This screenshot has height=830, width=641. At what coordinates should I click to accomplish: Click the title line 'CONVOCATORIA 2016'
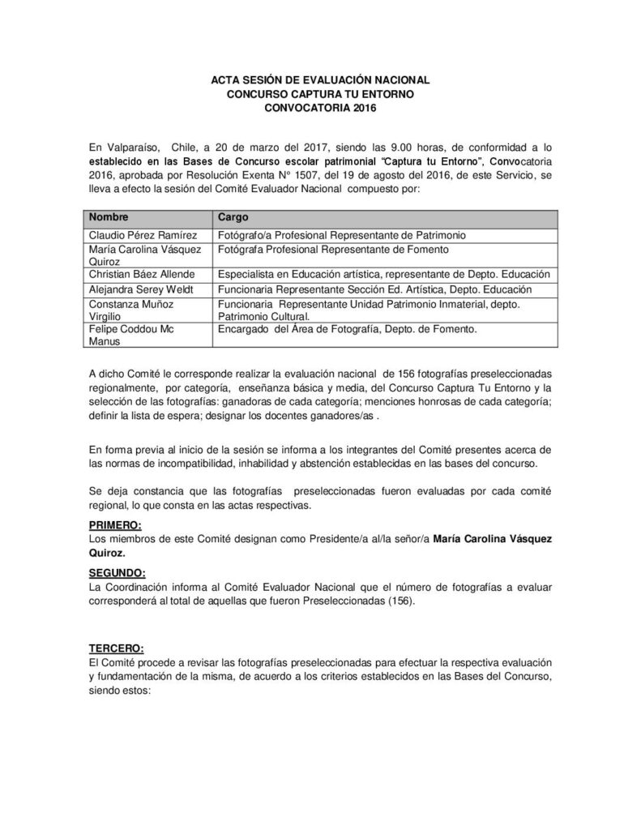pos(320,107)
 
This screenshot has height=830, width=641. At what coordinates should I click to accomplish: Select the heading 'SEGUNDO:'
pos(117,573)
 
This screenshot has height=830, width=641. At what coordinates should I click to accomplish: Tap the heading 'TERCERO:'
pos(117,648)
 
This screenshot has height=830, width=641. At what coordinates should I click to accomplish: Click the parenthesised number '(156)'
pos(401,601)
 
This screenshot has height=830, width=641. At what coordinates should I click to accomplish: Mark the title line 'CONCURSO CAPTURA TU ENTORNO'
pos(320,94)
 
